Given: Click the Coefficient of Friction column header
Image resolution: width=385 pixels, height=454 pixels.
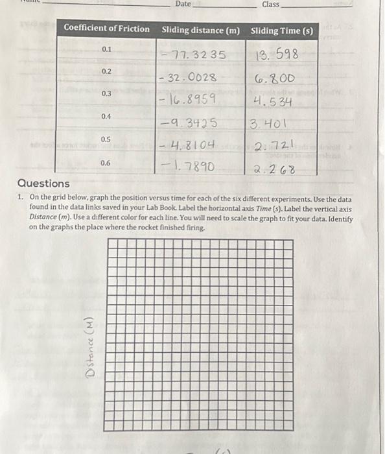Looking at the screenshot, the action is [106, 29].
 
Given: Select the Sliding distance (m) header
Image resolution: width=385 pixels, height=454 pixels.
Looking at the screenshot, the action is [200, 30].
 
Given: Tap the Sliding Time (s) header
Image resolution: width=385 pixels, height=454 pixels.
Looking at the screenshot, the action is [281, 30].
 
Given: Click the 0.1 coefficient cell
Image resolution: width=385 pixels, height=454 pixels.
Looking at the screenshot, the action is [106, 49].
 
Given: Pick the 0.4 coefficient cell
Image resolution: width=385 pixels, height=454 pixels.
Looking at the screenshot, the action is [106, 116].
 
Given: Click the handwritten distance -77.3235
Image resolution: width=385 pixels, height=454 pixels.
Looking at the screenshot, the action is [194, 55].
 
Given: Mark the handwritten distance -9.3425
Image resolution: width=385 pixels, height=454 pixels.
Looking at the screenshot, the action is [189, 123].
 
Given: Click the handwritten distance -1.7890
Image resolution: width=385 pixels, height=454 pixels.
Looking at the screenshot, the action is [188, 167].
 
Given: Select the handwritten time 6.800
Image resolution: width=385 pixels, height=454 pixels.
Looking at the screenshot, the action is [275, 78].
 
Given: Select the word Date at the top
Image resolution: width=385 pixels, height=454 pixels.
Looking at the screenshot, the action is [183, 5].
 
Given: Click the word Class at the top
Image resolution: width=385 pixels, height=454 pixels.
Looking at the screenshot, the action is [270, 5].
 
